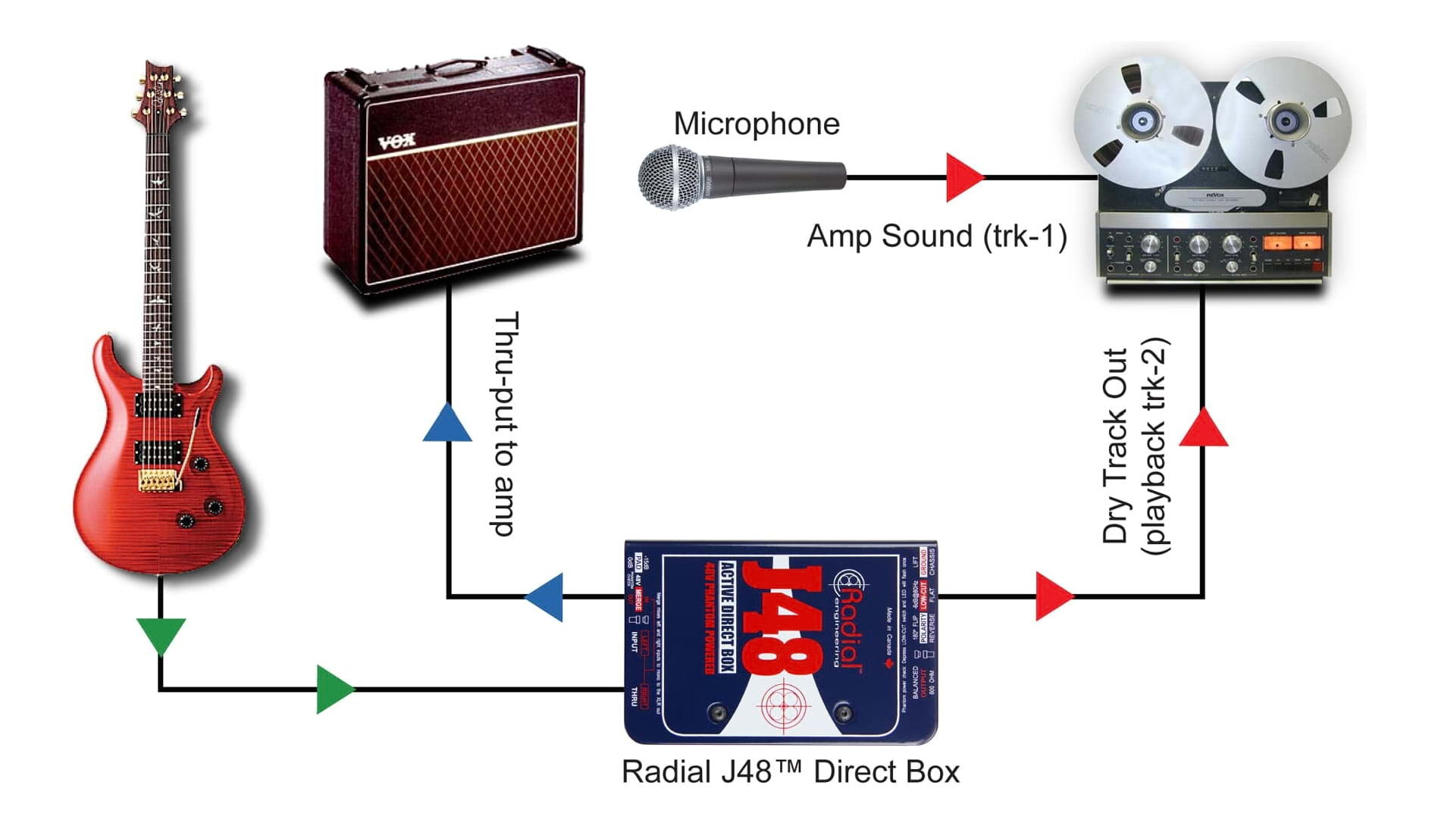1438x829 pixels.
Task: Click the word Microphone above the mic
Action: (756, 124)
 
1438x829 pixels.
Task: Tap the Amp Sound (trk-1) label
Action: (936, 236)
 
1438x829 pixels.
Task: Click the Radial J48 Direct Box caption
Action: (790, 772)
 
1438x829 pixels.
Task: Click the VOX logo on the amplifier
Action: (396, 142)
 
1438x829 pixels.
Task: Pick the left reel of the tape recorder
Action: (1142, 120)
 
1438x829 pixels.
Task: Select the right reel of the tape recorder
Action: (1284, 120)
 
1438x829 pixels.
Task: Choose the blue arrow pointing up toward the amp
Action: (447, 423)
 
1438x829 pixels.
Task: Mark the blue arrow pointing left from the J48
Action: (547, 597)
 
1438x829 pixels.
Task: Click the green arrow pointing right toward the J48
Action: (334, 689)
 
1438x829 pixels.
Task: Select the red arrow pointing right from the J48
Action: (1053, 597)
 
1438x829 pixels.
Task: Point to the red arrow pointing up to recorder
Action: (1203, 428)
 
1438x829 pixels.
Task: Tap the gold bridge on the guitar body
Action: (157, 480)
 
